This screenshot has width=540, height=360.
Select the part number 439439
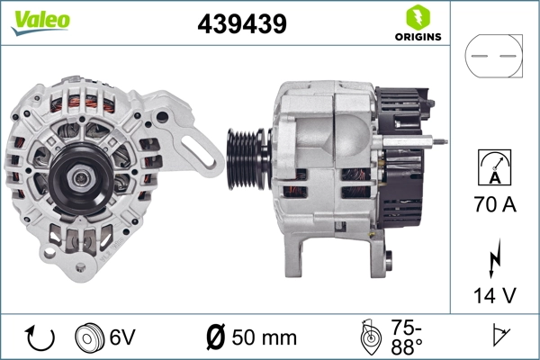242,24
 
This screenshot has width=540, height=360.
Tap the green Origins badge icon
418,17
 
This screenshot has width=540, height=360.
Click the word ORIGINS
418,38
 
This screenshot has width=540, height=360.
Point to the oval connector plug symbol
494,56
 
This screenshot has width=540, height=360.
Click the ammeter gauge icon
494,167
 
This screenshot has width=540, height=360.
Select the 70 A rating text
494,205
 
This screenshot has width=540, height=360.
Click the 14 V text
494,295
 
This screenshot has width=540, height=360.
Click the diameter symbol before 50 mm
215,337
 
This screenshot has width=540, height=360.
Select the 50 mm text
264,337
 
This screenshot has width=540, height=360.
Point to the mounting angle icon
370,337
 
